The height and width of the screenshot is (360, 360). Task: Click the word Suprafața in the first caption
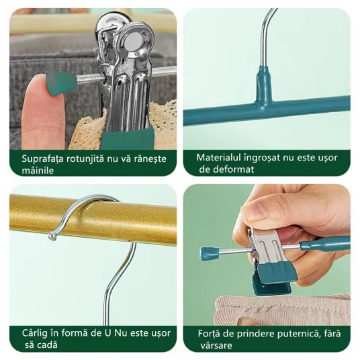point(42,159)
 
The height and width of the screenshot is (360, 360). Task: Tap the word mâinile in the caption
point(38,171)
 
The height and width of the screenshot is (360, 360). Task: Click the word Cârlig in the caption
point(35,334)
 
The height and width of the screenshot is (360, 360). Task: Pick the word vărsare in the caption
point(216,345)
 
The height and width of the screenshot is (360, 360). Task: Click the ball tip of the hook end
point(52,236)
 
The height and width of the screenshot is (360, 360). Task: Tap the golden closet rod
point(93,219)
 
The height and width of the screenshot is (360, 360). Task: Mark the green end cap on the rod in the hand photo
point(209,254)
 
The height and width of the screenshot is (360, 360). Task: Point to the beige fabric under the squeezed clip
point(282,310)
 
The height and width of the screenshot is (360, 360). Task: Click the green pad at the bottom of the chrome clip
point(128,138)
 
